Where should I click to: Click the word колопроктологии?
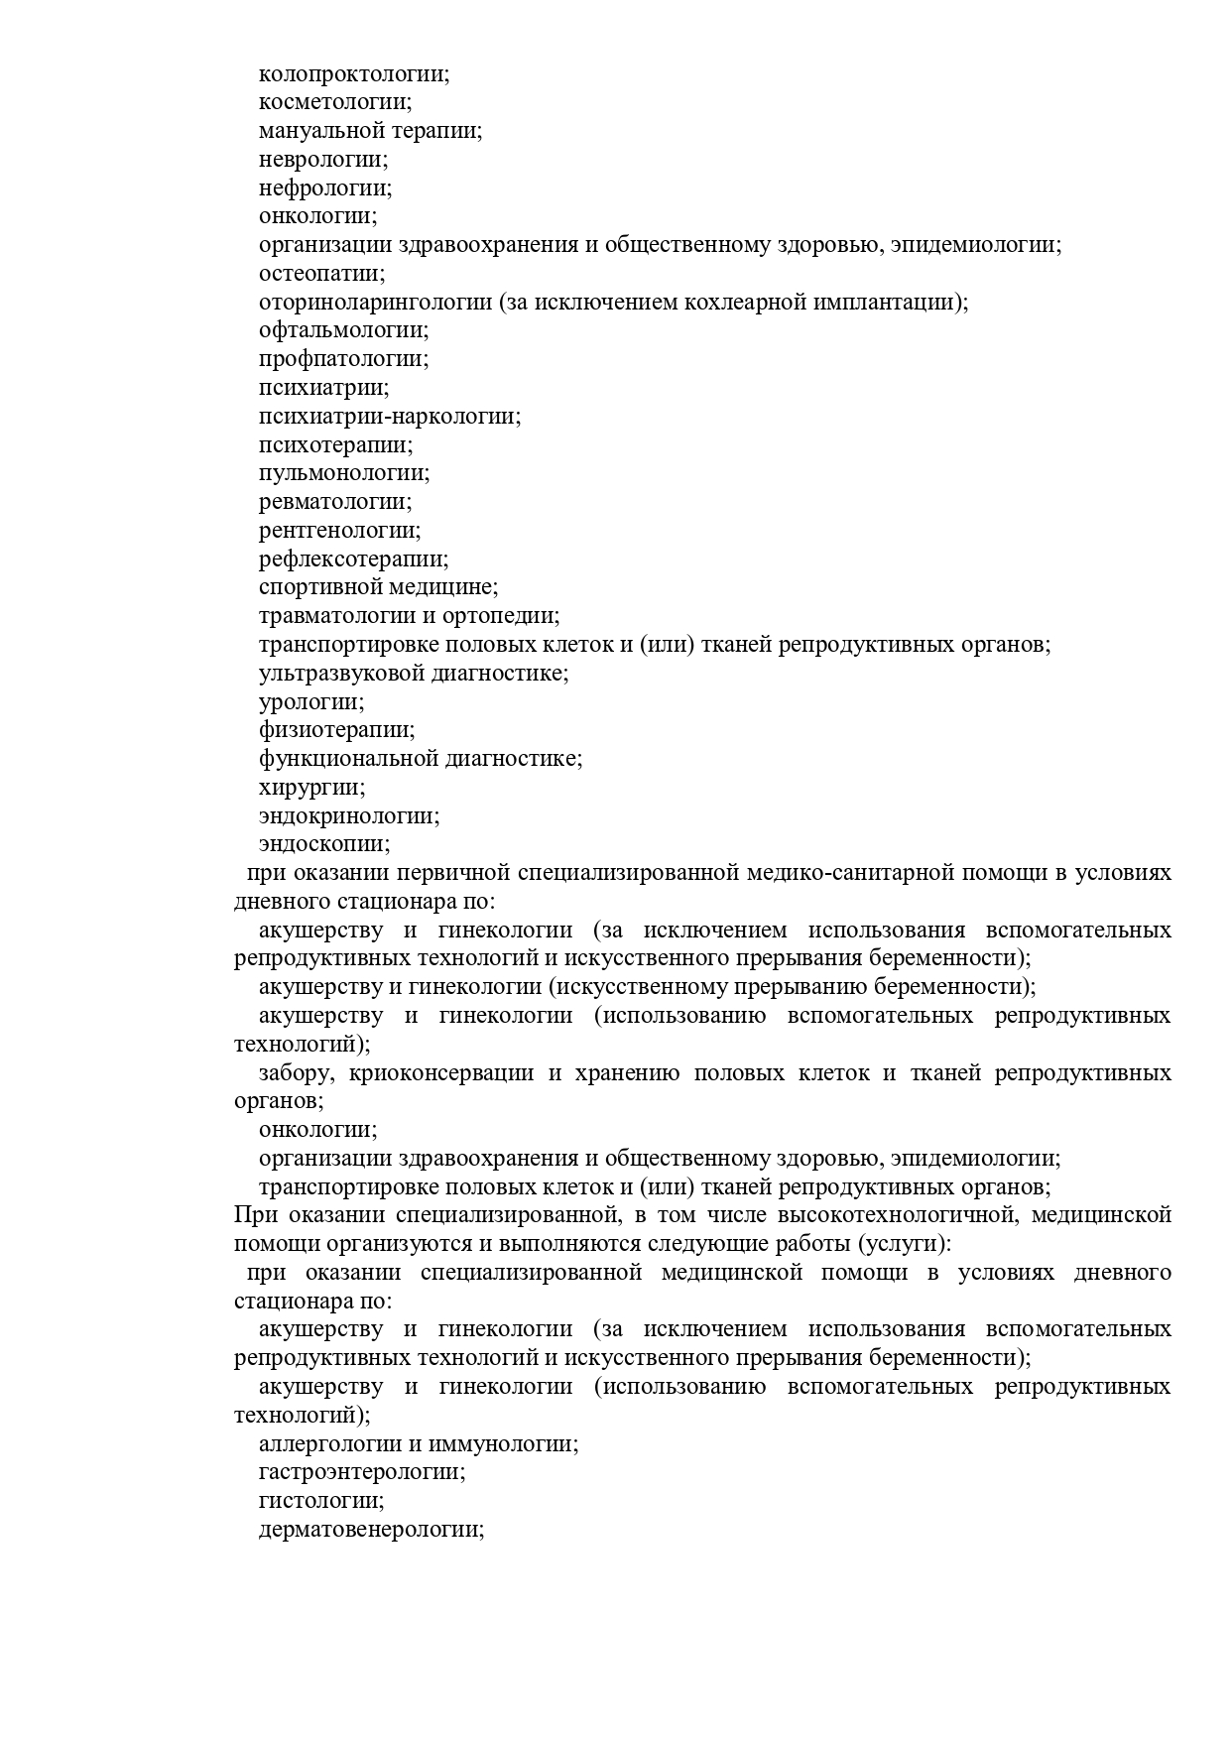click(353, 73)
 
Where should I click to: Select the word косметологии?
click(334, 102)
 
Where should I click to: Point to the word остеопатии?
click(321, 273)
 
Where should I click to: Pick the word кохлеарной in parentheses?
click(742, 302)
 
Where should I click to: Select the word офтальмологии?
click(343, 330)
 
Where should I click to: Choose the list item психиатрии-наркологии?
click(389, 417)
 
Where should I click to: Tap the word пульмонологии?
click(343, 473)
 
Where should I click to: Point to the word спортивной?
click(319, 587)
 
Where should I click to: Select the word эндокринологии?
click(348, 816)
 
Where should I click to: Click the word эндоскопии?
click(323, 844)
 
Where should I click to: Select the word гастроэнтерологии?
click(361, 1472)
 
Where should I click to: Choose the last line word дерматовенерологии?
click(370, 1530)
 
